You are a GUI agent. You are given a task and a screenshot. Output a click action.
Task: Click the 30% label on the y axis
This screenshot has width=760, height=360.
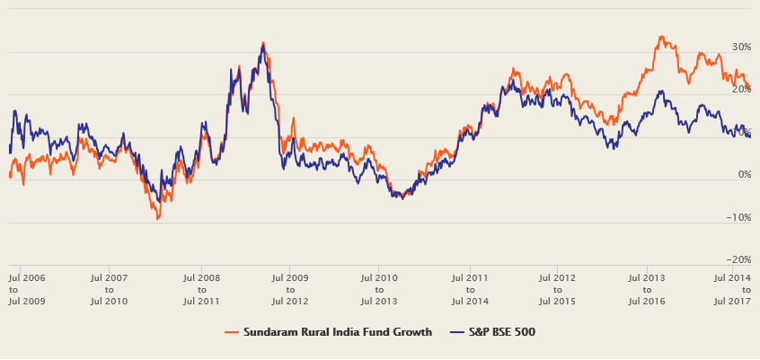741,47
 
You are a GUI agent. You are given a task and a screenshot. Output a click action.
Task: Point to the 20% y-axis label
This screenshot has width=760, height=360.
741,89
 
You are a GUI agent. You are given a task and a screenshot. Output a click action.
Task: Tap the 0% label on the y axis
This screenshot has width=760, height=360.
744,174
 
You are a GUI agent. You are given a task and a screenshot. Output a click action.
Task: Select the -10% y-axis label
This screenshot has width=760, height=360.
738,217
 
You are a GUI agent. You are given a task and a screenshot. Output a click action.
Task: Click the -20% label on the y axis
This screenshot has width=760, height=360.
738,259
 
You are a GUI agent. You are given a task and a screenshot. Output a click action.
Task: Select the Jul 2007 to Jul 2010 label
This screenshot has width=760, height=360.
109,290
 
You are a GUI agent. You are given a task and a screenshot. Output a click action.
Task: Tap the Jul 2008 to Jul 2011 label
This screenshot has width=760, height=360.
201,290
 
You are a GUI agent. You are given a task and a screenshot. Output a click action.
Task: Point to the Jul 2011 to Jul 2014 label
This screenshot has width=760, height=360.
470,290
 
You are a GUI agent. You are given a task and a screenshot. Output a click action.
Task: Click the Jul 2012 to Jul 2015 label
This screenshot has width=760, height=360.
557,290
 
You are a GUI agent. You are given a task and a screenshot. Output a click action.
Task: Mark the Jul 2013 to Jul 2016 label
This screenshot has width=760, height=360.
647,290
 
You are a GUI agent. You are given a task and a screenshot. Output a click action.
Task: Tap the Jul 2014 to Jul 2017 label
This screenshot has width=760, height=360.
732,290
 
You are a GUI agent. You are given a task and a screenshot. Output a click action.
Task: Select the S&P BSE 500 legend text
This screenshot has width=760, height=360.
502,332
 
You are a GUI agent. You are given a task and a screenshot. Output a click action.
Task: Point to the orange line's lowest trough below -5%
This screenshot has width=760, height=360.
158,218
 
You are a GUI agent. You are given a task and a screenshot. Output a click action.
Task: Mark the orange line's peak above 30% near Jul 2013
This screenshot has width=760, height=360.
661,37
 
